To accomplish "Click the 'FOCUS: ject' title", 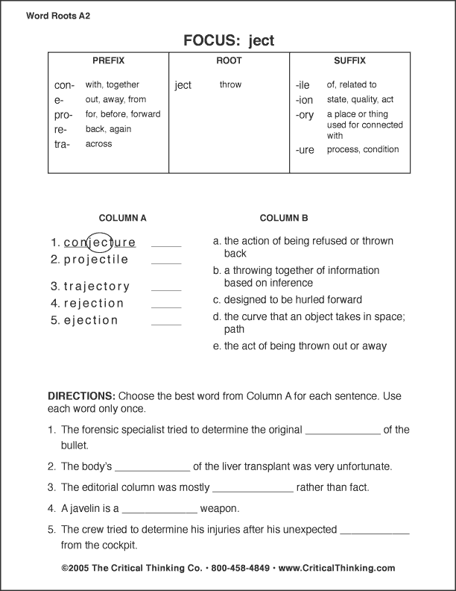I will tap(228, 40).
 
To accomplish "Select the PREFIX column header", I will tap(108, 60).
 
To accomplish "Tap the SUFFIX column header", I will tap(349, 60).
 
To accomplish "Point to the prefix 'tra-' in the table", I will tap(63, 144).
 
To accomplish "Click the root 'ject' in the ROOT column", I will tap(183, 85).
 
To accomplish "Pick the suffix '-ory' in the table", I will tap(305, 115).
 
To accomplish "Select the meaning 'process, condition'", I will tap(363, 149).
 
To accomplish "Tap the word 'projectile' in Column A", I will tap(96, 260).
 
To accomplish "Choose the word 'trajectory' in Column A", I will tap(97, 287).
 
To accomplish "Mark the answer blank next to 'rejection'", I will tap(166, 307).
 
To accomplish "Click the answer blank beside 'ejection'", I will tap(166, 324).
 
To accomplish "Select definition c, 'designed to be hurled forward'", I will tap(288, 300).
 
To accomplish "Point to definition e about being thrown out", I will tap(300, 346).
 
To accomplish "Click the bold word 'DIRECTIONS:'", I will tap(81, 395).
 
